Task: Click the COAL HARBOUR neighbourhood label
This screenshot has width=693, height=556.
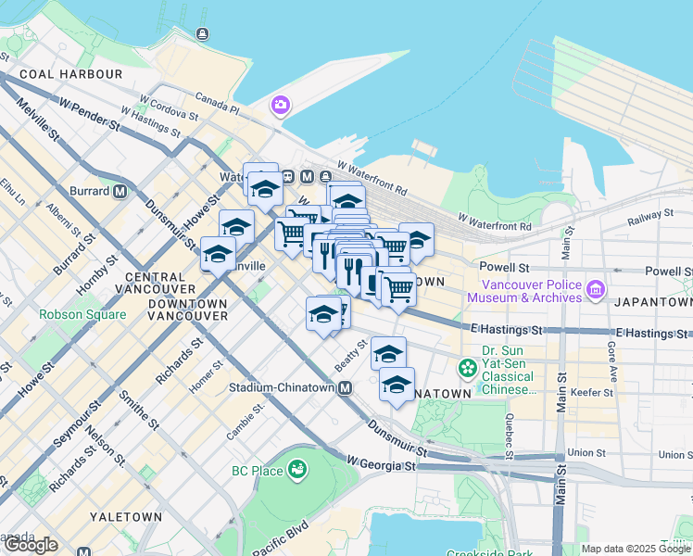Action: pos(70,74)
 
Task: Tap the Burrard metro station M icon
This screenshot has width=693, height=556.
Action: pos(120,192)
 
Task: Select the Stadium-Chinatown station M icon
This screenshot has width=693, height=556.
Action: pos(345,388)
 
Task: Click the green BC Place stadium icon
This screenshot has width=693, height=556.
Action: pos(296,471)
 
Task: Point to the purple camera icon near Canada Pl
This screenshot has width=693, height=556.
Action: pos(280,107)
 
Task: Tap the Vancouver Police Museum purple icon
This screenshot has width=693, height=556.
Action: pos(595,290)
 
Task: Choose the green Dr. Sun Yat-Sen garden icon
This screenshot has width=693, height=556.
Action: pos(467,369)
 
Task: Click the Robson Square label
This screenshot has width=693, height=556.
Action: pos(82,314)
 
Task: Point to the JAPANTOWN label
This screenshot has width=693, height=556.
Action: pos(657,302)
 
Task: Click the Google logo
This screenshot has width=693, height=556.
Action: pos(30,545)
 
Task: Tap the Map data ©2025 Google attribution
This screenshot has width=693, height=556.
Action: pos(636,550)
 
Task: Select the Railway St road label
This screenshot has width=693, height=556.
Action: pos(649,215)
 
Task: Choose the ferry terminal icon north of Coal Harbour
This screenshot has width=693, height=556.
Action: pos(202,34)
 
